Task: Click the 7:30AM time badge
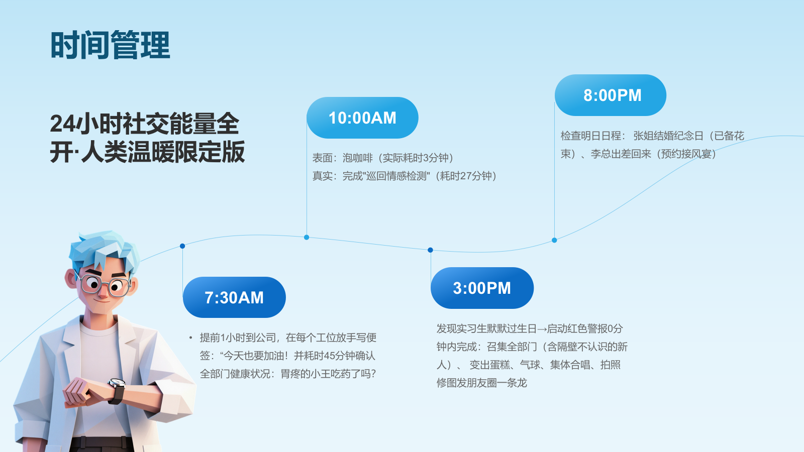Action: (x=234, y=297)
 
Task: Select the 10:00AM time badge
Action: (x=362, y=118)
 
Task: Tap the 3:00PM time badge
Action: (x=482, y=288)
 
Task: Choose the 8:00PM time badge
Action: (x=611, y=95)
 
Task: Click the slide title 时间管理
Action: (x=110, y=45)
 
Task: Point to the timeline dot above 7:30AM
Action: (x=182, y=246)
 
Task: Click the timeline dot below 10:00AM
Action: (x=307, y=237)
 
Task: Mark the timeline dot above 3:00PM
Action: (x=430, y=250)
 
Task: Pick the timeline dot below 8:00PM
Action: (x=555, y=240)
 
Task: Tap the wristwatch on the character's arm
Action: (x=117, y=391)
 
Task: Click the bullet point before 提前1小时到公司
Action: (x=190, y=337)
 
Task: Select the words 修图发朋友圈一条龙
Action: (x=482, y=383)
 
